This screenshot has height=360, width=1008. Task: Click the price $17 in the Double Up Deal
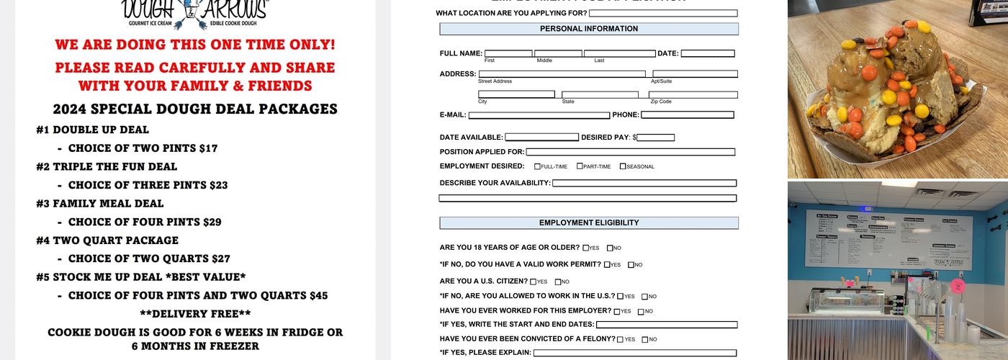point(207,148)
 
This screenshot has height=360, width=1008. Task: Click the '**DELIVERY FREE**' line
point(195,314)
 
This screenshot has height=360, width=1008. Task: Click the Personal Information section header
point(589,29)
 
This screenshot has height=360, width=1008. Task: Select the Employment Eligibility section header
point(589,223)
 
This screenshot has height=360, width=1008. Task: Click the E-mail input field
point(539,115)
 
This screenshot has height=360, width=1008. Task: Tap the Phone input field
point(687,115)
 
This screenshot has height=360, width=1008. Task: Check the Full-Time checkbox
point(537,166)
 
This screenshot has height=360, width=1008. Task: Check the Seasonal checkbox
point(623,166)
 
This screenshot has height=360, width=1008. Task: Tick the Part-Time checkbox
point(580,166)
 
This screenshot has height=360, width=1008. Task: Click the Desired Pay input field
point(656,138)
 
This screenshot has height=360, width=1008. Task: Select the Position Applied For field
point(630,152)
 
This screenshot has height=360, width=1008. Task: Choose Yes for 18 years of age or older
point(586,248)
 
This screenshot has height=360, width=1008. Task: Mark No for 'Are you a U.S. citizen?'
point(558,282)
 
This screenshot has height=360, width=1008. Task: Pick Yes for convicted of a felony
point(621,339)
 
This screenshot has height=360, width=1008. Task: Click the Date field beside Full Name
point(707,53)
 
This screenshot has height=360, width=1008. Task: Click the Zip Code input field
point(693,94)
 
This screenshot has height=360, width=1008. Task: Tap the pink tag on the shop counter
point(958,285)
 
